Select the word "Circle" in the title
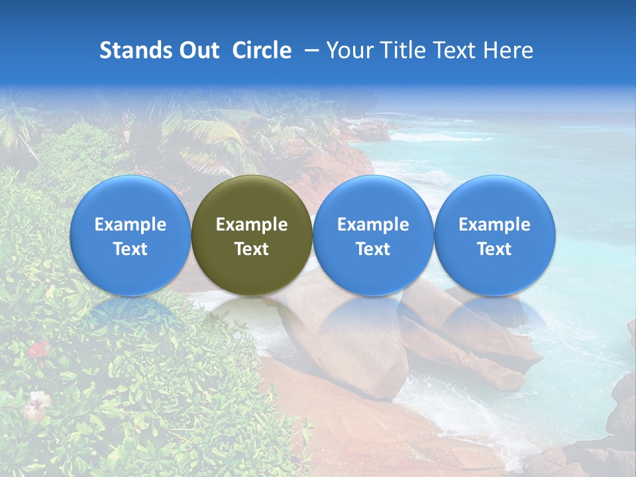(x=262, y=50)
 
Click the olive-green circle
(x=252, y=235)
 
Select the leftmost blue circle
(x=130, y=235)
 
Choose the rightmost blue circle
(x=495, y=235)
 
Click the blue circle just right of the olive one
(x=373, y=235)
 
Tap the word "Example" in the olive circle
(x=252, y=225)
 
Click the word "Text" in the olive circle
(x=252, y=249)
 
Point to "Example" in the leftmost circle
(x=130, y=225)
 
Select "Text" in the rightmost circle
(x=495, y=249)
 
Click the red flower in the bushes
(x=39, y=349)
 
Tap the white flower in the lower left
(x=36, y=403)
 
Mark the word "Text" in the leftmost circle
(x=130, y=249)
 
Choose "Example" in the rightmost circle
(x=495, y=225)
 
